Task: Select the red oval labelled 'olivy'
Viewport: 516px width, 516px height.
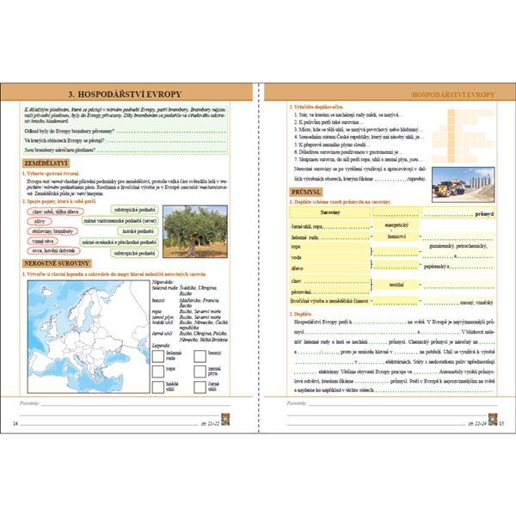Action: [38, 220]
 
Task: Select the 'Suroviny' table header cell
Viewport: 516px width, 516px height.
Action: [330, 211]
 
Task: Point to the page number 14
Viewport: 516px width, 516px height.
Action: [15, 425]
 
